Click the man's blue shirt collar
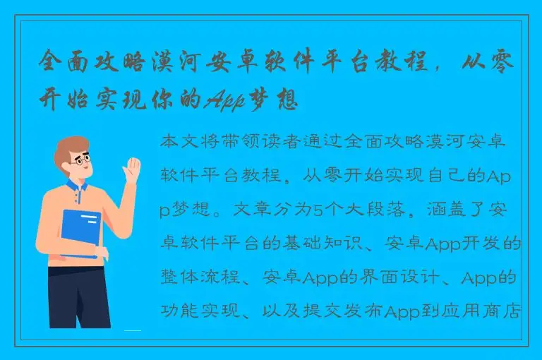point(77,188)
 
